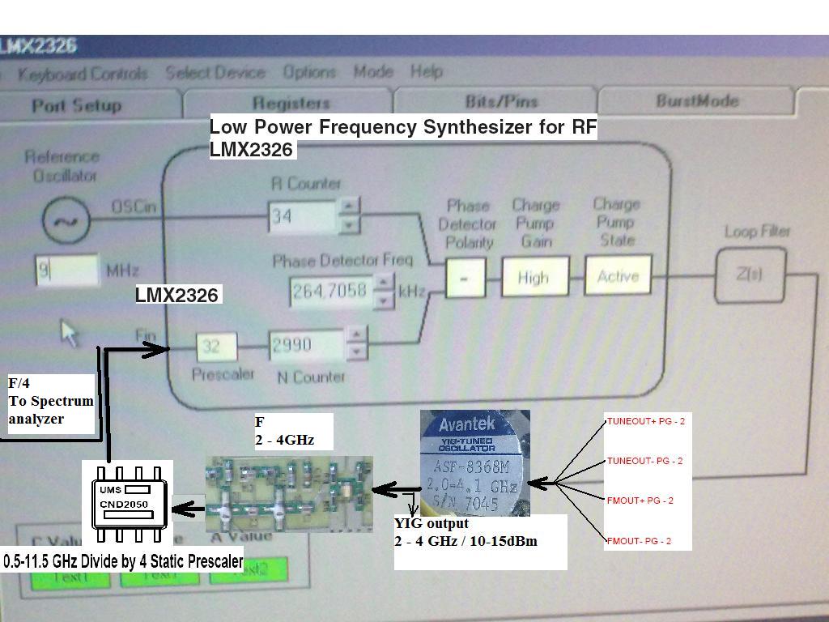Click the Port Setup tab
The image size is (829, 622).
tap(77, 105)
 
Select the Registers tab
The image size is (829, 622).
tap(291, 103)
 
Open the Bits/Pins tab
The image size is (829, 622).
tap(501, 101)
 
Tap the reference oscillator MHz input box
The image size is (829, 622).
tap(66, 271)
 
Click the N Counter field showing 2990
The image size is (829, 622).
tap(307, 345)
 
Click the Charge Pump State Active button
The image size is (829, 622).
tap(618, 276)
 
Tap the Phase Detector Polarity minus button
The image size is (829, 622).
tap(465, 278)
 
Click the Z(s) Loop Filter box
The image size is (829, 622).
tap(749, 275)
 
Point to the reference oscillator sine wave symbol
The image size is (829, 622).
tap(66, 220)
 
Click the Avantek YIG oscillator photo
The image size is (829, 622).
tap(475, 463)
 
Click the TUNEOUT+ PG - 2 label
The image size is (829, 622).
tap(645, 421)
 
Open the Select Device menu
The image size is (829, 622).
tap(215, 73)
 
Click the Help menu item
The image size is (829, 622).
tap(426, 71)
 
